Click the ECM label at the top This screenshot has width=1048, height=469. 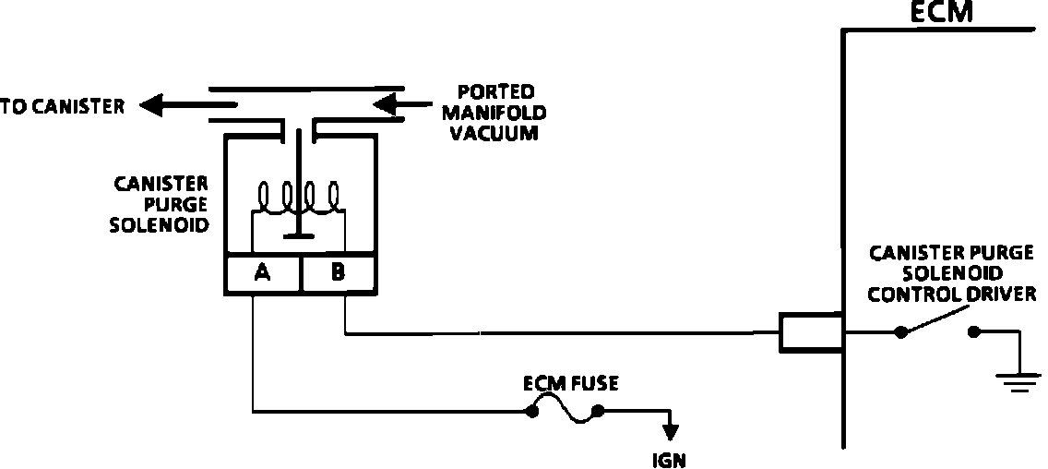tap(940, 12)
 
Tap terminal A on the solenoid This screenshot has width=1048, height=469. tap(262, 273)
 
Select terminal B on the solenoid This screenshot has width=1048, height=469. tap(337, 273)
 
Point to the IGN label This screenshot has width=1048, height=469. tap(669, 458)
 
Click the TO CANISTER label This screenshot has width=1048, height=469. tap(62, 107)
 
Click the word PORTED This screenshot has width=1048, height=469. tap(495, 91)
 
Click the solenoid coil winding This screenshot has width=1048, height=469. tap(298, 197)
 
